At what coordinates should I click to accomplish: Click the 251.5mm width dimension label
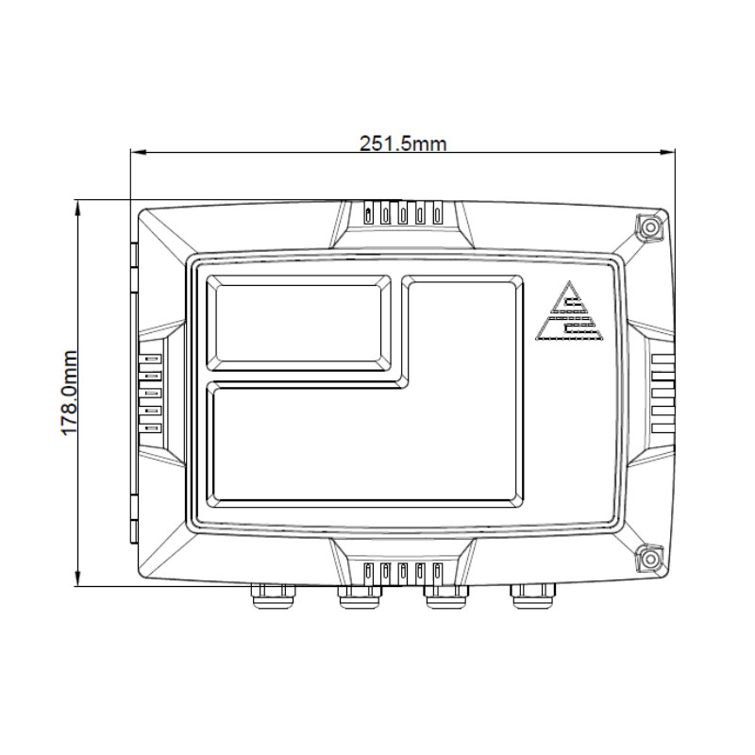(403, 143)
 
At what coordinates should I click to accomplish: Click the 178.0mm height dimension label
(69, 393)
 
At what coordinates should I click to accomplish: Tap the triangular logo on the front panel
(568, 312)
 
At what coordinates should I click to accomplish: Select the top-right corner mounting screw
(648, 227)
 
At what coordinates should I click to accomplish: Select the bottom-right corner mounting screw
(648, 559)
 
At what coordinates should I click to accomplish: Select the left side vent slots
(152, 393)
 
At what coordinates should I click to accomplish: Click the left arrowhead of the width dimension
(134, 151)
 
